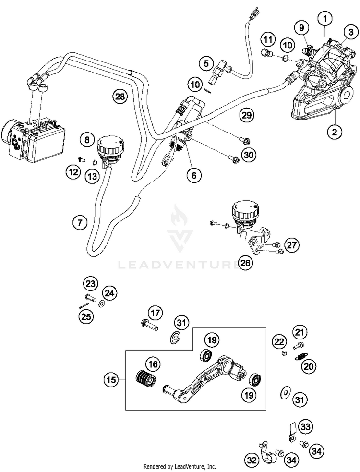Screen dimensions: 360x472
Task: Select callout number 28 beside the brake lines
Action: (x=120, y=97)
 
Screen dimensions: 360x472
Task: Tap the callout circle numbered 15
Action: (x=111, y=380)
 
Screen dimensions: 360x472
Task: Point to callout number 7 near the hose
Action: (x=80, y=223)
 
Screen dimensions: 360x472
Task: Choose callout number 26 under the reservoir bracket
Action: (x=245, y=263)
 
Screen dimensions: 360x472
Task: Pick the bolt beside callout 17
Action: (x=149, y=325)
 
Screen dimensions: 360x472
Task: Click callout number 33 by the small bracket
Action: (x=306, y=426)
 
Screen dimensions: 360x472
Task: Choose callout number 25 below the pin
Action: (x=86, y=316)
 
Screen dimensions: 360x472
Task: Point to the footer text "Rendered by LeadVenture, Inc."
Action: (x=180, y=467)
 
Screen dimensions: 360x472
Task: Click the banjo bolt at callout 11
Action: (x=266, y=53)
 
